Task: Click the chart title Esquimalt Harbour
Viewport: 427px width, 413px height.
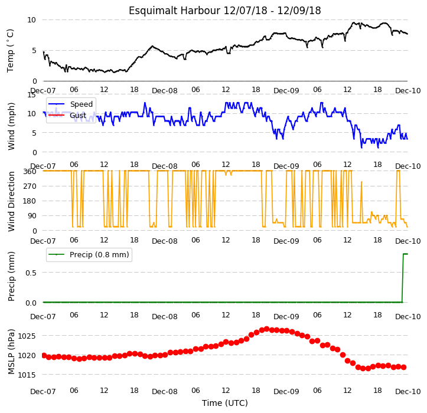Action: coord(174,11)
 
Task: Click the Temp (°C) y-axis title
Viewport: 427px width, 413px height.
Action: coord(11,51)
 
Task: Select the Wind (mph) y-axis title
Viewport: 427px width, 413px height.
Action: coord(11,126)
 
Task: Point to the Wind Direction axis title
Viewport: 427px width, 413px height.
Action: coord(11,202)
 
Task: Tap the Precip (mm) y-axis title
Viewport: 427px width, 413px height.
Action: coord(11,277)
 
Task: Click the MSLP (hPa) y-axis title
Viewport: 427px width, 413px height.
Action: coord(11,352)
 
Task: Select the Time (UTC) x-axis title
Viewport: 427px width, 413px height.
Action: coord(225,403)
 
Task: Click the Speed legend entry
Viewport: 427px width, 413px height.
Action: coord(81,104)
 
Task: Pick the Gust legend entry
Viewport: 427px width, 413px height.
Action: coord(78,116)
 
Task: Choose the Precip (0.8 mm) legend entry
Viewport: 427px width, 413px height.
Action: coord(99,255)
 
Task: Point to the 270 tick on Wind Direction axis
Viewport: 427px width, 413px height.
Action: coord(30,186)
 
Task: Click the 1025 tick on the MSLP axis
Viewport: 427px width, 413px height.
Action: coord(27,336)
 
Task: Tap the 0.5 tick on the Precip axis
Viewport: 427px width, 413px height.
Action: coord(31,273)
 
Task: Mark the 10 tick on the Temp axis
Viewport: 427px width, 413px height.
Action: coord(31,20)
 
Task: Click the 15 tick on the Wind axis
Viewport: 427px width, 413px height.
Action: coord(31,94)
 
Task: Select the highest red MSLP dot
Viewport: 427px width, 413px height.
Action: coord(266,329)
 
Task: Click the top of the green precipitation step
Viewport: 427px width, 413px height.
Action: coord(403,254)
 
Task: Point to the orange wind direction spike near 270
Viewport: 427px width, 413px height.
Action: coord(361,182)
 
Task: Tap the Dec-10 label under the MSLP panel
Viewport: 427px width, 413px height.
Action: coord(408,392)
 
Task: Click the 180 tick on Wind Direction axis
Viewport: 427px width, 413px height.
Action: coord(30,201)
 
